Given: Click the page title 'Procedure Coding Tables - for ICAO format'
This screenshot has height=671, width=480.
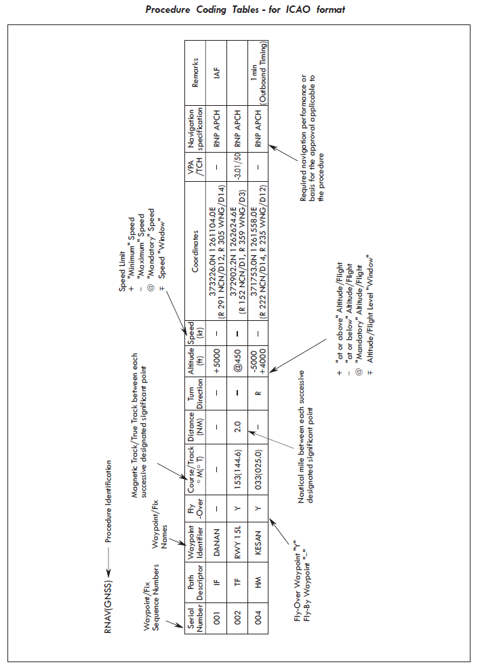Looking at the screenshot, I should pyautogui.click(x=245, y=9).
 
